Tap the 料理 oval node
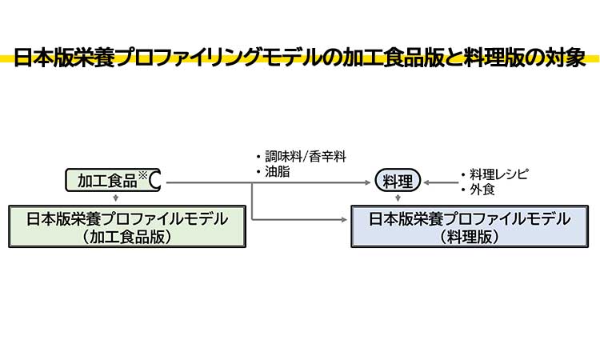(398, 182)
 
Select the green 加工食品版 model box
(126, 226)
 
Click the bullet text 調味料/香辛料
(305, 156)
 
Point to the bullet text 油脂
(278, 171)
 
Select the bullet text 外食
(482, 190)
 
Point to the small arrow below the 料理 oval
(398, 198)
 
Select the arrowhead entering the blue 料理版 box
(346, 218)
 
